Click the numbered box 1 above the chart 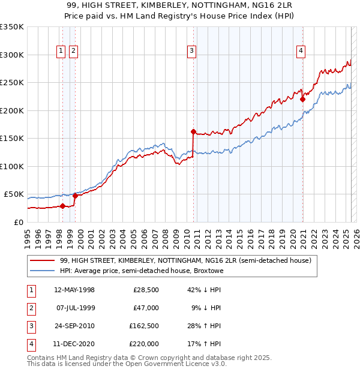tap(61, 51)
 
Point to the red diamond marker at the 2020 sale tap(302, 100)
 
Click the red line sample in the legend tap(42, 261)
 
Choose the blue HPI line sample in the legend tap(42, 271)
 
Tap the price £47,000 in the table tap(146, 308)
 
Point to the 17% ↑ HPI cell tap(207, 344)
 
